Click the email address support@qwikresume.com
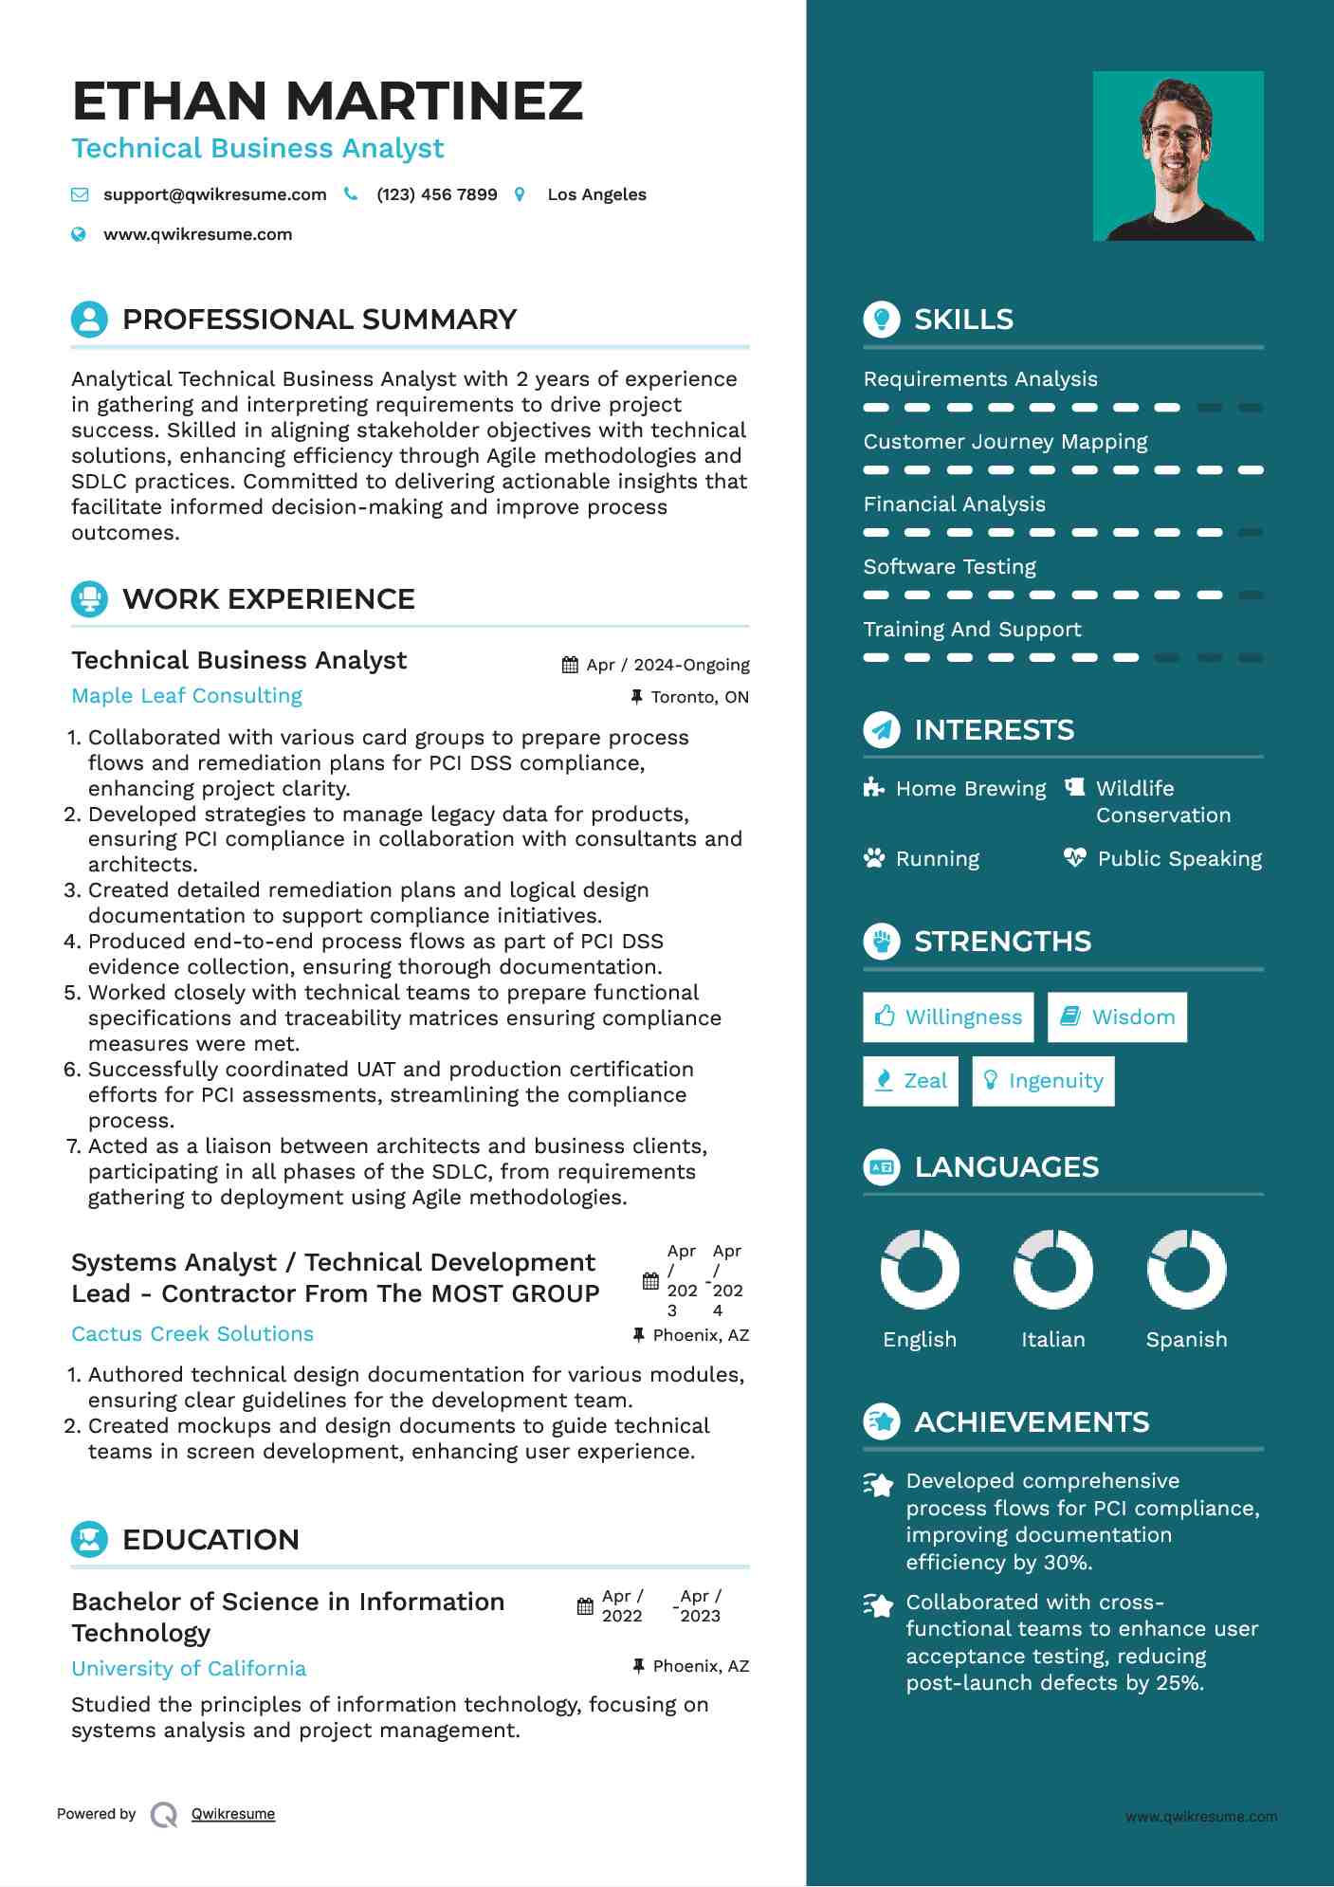214,194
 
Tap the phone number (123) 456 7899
436,194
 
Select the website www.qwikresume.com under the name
197,234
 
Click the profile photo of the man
1178,156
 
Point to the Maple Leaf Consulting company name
187,696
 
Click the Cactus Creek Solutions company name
192,1334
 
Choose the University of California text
189,1669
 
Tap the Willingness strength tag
948,1017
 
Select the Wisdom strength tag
1117,1017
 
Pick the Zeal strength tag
910,1081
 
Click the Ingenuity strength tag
1043,1081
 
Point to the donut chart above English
920,1270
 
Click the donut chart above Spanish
1186,1270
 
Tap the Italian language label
1052,1340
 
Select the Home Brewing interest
970,789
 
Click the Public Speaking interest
1179,859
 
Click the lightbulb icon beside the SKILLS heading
882,320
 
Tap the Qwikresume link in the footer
233,1814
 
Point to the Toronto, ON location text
700,697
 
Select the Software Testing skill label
949,567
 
